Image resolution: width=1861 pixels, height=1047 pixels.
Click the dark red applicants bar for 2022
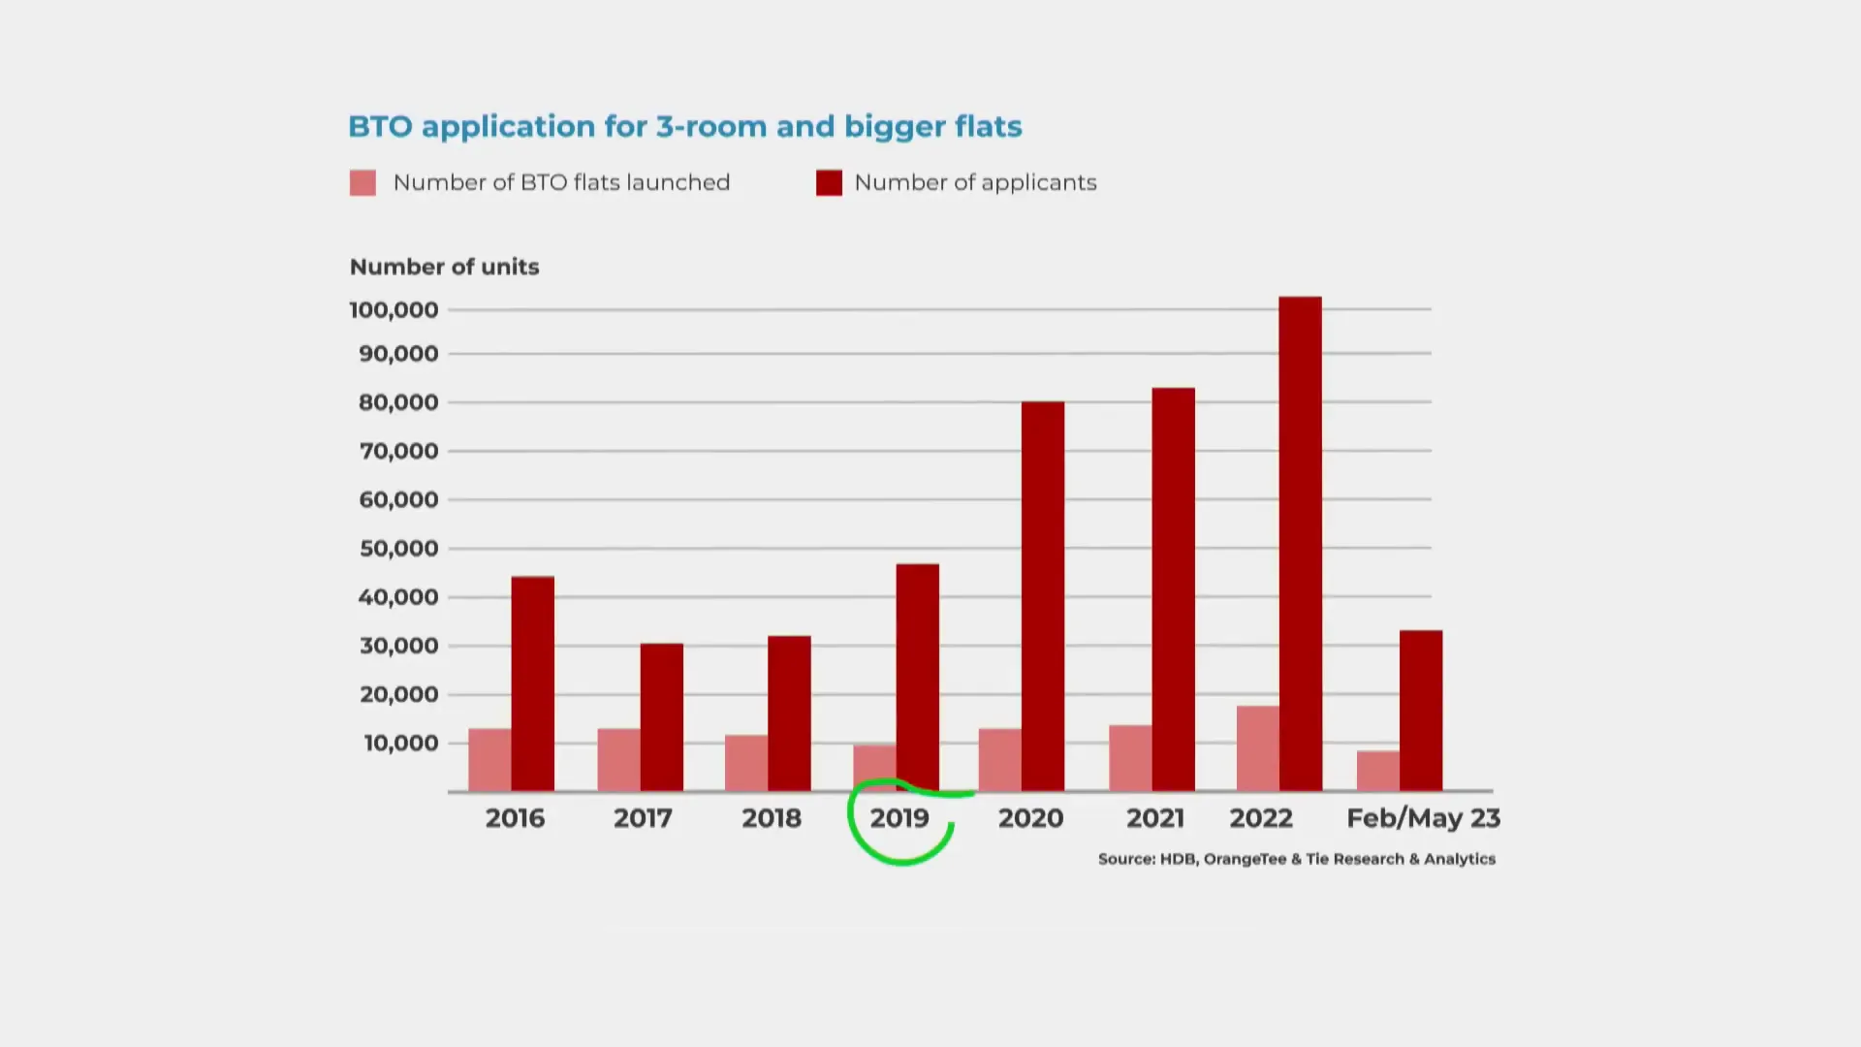[x=1300, y=543]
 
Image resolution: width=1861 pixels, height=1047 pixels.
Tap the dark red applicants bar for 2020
[x=1043, y=596]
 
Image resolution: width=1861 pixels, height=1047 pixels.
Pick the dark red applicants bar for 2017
[x=661, y=717]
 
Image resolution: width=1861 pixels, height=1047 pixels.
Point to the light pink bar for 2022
[x=1257, y=748]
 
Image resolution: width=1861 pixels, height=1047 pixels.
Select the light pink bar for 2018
[x=746, y=763]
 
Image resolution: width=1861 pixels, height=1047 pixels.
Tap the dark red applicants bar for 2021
[x=1173, y=589]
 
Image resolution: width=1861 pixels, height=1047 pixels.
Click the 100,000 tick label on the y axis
[x=394, y=310]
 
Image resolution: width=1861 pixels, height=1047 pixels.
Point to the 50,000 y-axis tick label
[x=398, y=549]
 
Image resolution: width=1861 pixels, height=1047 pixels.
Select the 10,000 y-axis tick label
[x=400, y=744]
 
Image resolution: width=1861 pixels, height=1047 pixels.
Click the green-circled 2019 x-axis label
[x=899, y=818]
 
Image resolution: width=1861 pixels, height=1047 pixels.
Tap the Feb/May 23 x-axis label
[x=1423, y=818]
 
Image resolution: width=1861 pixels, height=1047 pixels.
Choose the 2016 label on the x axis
[x=515, y=818]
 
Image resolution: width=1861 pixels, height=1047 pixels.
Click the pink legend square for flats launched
[x=363, y=183]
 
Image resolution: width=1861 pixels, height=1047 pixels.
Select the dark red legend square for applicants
[x=829, y=183]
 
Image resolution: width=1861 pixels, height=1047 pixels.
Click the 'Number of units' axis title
[x=444, y=267]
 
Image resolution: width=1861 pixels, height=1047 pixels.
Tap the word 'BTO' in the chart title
[x=379, y=127]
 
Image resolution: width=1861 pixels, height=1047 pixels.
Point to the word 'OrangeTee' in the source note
[x=1245, y=859]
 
